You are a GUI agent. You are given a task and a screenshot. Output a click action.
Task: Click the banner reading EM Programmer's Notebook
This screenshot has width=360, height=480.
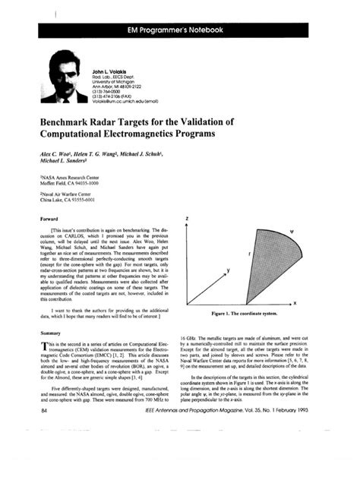(x=180, y=30)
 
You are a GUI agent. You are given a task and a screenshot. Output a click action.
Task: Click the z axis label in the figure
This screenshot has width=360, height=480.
(x=197, y=219)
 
